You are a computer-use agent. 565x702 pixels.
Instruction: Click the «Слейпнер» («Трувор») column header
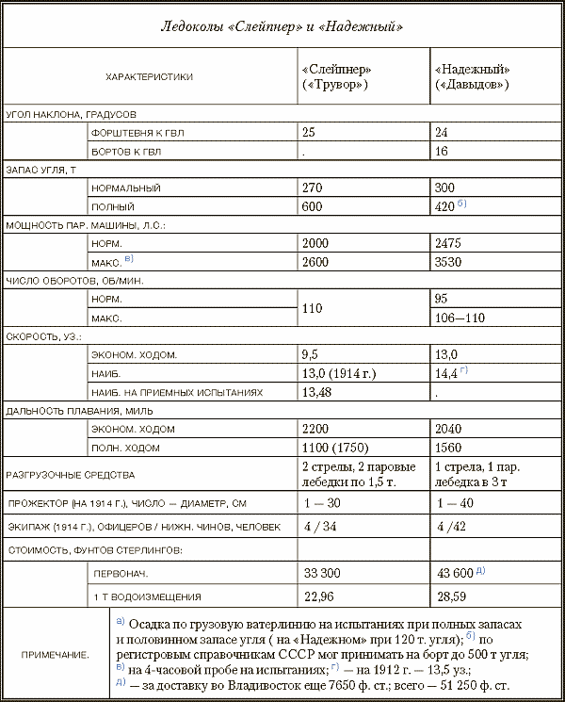point(336,77)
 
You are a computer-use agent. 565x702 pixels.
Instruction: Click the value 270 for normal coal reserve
point(314,188)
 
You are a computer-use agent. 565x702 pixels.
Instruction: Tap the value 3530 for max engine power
point(449,262)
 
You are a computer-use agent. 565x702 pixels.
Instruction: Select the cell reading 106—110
point(460,318)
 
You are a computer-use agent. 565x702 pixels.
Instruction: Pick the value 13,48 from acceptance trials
point(317,392)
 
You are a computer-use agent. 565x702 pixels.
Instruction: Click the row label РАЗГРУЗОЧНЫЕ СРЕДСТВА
point(71,475)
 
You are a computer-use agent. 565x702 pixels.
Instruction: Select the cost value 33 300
point(322,573)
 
